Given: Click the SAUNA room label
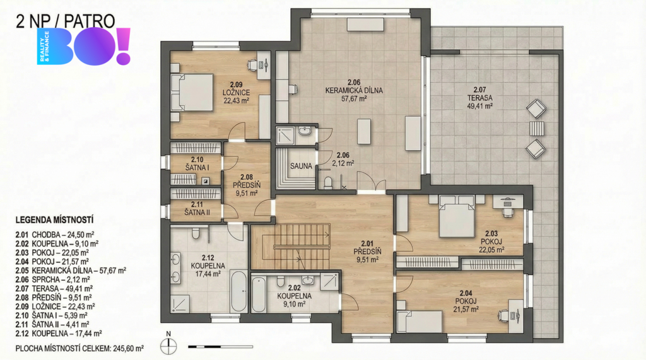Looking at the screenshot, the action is (x=301, y=166).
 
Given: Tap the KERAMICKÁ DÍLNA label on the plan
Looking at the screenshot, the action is (x=354, y=91).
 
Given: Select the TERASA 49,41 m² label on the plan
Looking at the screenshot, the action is (x=480, y=98).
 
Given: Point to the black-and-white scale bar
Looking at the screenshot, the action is (x=220, y=347).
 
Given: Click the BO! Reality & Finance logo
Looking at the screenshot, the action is (x=84, y=47).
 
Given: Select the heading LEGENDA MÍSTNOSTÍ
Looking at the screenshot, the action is (x=54, y=220).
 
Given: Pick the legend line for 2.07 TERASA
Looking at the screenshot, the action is (x=54, y=288).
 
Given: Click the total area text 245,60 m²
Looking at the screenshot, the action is (x=127, y=349).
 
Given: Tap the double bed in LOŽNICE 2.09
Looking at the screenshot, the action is (x=192, y=92).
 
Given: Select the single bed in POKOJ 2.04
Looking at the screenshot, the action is (x=420, y=322).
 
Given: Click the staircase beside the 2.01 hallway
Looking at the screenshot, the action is (x=291, y=247).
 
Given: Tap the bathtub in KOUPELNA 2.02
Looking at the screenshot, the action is (x=259, y=294).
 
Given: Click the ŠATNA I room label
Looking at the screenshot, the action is (x=197, y=163).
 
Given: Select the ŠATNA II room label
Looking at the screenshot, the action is (x=197, y=209).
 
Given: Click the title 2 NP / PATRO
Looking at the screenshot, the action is (x=65, y=21).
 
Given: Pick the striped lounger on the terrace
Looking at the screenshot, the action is (x=536, y=128).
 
